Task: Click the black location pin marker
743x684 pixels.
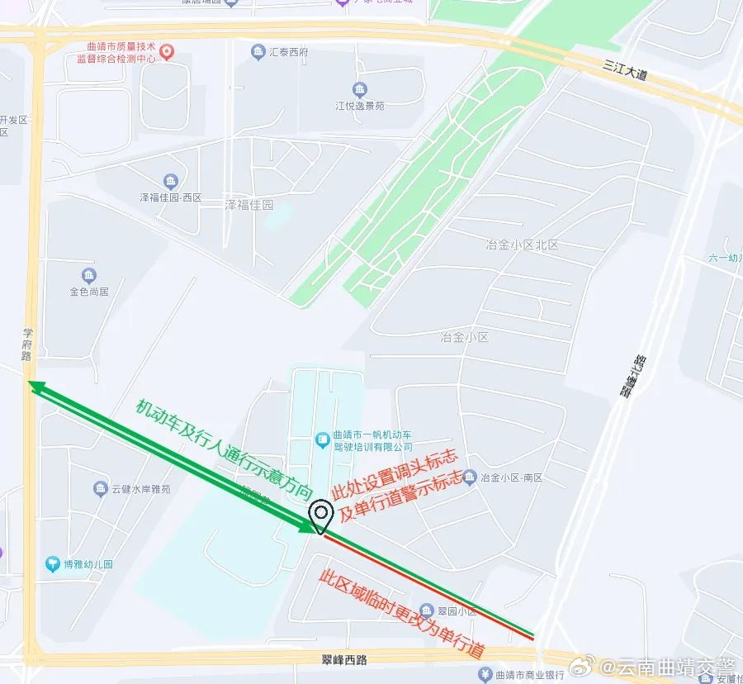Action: pos(320,516)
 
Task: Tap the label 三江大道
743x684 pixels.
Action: pos(625,69)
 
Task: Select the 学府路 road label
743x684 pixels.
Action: pos(26,344)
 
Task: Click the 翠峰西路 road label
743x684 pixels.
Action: pos(344,659)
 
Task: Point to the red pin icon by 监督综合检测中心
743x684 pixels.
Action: pos(167,52)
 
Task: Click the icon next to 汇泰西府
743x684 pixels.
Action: pos(258,52)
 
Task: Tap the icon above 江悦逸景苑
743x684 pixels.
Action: pos(360,90)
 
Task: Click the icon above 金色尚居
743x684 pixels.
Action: pos(89,276)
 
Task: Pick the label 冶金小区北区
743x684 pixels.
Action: pos(523,245)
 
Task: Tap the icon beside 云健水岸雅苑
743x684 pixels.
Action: pos(100,488)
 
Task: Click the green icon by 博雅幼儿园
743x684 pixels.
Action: pos(52,565)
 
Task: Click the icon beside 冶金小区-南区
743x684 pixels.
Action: pos(470,477)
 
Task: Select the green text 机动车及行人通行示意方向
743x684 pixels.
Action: pos(224,449)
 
